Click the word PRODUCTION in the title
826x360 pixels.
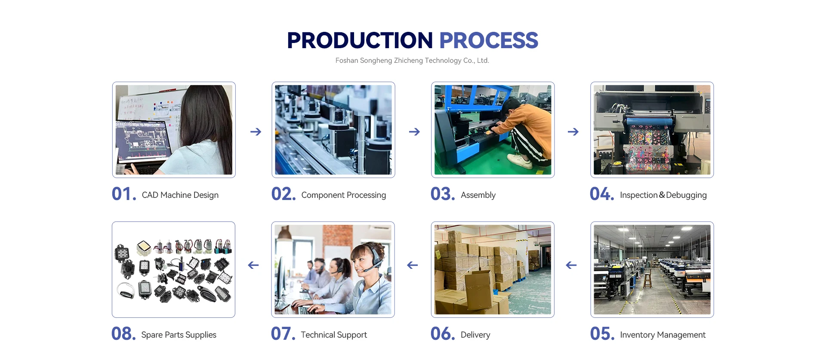tap(360, 40)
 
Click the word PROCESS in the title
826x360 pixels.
tap(489, 40)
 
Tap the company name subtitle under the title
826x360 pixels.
tap(412, 61)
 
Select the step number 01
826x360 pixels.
tap(124, 194)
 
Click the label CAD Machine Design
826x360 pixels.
tap(180, 195)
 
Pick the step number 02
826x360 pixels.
tap(284, 194)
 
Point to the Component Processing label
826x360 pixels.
tap(344, 195)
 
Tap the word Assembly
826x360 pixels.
tap(478, 195)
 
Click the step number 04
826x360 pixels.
tap(602, 194)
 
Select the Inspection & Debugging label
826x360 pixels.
tap(663, 195)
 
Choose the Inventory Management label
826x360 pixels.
tap(663, 335)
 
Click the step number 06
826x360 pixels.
tap(443, 334)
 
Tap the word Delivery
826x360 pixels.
tap(475, 335)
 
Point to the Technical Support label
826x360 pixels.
tap(334, 335)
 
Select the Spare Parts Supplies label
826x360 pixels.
tap(179, 335)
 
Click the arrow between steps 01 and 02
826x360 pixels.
tap(256, 132)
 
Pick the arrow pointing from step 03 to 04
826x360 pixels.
tap(573, 132)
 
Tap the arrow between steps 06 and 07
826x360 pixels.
tap(413, 265)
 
